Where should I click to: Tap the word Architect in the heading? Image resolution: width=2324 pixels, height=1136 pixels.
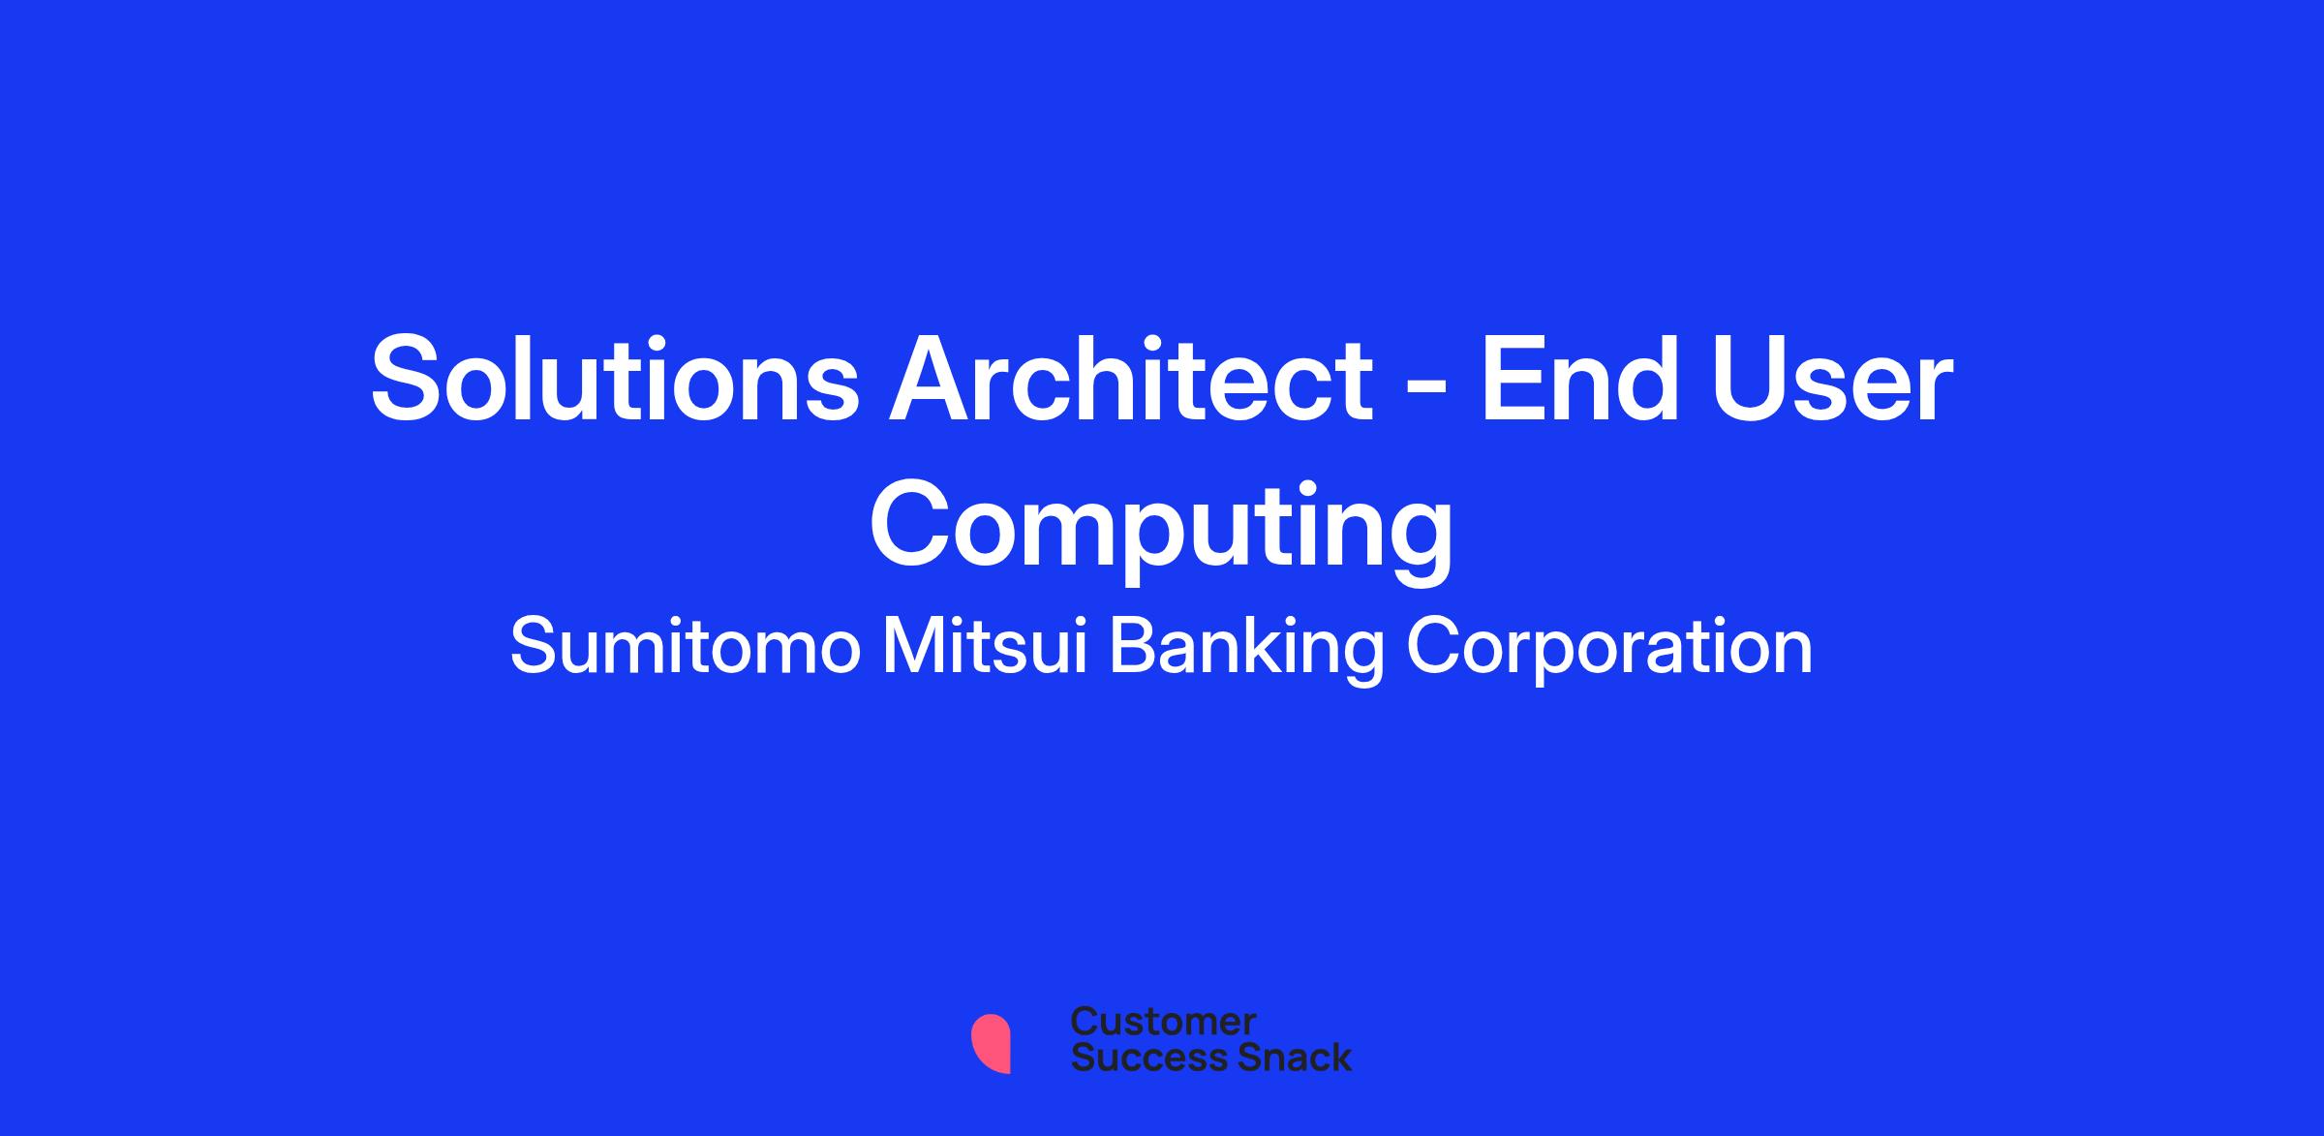(1131, 378)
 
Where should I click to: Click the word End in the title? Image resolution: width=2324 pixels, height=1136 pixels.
(1578, 378)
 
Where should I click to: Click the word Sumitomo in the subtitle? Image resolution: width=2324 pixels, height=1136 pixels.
(686, 647)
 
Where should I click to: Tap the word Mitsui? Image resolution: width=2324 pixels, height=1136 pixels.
(987, 647)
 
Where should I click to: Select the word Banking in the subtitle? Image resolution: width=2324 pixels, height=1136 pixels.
(1247, 651)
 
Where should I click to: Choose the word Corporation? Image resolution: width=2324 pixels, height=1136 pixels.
(1609, 651)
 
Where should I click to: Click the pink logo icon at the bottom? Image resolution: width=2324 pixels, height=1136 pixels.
(991, 1043)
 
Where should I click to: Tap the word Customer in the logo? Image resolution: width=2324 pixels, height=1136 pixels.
(1163, 1022)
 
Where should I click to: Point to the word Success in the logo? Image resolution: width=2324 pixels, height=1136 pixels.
(1136, 1057)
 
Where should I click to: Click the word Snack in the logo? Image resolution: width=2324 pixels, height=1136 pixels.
(1281, 1057)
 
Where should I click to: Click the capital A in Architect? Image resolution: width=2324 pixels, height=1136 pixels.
(935, 378)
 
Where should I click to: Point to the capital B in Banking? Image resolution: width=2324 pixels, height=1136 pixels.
(1135, 647)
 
